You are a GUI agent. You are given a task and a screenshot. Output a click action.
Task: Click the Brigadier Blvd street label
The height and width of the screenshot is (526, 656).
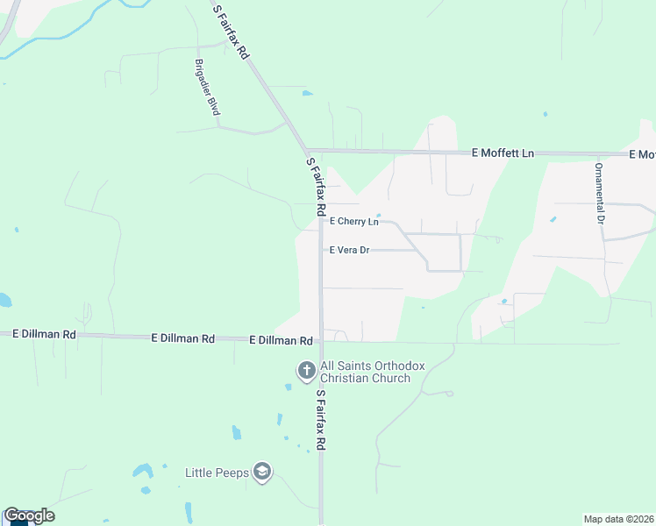tap(207, 88)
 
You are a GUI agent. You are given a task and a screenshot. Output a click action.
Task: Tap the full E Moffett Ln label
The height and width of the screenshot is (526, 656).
tap(503, 153)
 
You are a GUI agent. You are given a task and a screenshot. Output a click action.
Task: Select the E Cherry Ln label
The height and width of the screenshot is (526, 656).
tap(353, 222)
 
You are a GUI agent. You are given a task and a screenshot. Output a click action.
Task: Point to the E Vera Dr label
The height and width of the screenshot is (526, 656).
tap(349, 250)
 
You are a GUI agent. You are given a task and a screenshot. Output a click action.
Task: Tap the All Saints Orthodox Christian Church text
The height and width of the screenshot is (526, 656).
tap(365, 373)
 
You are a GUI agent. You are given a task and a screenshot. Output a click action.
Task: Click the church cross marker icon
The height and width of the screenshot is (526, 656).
tap(307, 371)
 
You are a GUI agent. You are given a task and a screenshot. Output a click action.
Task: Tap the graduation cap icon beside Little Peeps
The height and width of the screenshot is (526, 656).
tap(261, 473)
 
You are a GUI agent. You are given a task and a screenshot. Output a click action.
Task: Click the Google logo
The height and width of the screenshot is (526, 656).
tap(29, 515)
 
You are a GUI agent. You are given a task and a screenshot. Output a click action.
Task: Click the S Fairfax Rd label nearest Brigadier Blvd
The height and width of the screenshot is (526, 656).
tap(232, 32)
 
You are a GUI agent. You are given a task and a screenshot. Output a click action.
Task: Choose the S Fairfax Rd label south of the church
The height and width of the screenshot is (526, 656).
tap(321, 420)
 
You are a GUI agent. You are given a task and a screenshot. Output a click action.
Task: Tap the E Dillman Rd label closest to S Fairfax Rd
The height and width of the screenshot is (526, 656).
tap(281, 340)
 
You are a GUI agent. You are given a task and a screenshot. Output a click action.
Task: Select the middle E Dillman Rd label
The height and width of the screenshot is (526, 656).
tap(182, 338)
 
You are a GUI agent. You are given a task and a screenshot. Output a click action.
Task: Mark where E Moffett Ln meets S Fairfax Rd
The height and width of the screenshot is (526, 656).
tap(307, 151)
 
